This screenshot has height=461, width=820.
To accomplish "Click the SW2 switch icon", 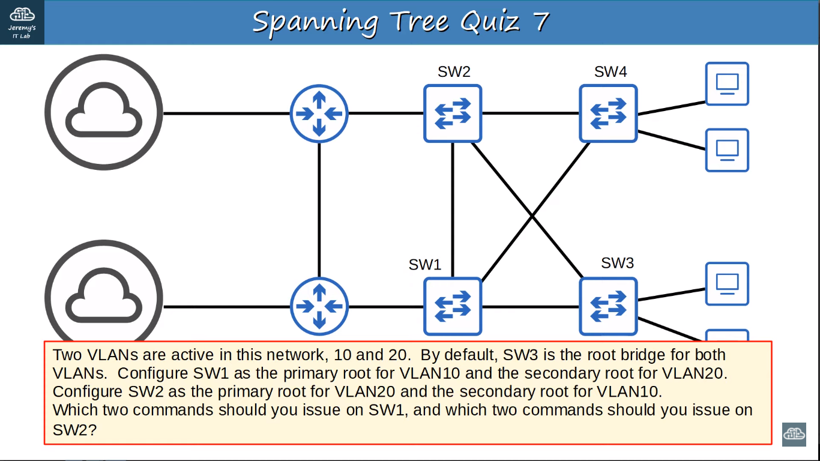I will click(x=453, y=113).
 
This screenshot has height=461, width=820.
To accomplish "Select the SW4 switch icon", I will click(x=608, y=113).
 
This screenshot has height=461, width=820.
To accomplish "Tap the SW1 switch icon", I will click(x=453, y=306).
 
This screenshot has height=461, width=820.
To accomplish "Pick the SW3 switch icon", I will click(x=608, y=306).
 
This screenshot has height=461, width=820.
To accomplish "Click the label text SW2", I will click(x=454, y=72).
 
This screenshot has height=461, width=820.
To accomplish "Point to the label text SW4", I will click(x=610, y=72).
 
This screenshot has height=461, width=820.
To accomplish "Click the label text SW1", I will click(x=425, y=265).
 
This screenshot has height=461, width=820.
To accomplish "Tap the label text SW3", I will click(x=617, y=263).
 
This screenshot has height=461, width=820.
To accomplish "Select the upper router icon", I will click(x=319, y=113).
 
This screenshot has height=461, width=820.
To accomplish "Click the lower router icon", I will click(x=319, y=306).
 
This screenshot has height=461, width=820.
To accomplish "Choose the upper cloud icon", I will click(x=104, y=113).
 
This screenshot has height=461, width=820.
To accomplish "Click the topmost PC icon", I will click(x=727, y=84).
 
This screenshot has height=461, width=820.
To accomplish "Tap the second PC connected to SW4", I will click(x=727, y=150).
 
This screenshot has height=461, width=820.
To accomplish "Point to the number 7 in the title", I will click(x=540, y=22).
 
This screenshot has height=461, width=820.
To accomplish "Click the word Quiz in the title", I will click(x=490, y=22).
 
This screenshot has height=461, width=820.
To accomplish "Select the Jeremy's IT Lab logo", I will click(x=22, y=22).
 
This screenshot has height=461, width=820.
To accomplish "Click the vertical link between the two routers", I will click(x=319, y=210).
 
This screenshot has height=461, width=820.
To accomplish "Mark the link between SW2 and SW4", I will click(x=531, y=113).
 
